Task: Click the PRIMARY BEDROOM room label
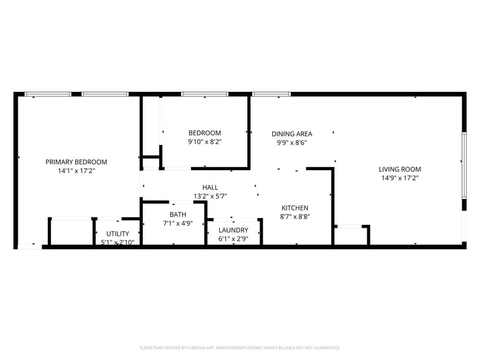pos(77,162)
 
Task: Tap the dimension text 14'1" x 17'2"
pos(77,171)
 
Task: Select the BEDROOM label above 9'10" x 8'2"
pos(204,133)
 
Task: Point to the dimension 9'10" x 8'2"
pos(204,142)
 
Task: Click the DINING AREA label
pos(292,133)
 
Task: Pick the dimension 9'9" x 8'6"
pos(292,143)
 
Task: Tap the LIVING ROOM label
pos(400,169)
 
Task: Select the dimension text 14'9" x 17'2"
pos(400,178)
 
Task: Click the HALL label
pos(210,187)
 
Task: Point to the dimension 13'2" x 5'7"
pos(210,197)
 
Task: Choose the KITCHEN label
pos(294,208)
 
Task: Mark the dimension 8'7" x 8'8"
pos(294,217)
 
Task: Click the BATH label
pos(178,214)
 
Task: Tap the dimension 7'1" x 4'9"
pos(178,223)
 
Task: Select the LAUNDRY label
pos(233,230)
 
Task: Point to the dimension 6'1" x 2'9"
pos(233,239)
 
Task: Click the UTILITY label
pos(118,234)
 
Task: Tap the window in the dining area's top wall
pos(271,94)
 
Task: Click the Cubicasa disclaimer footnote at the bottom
pos(240,347)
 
